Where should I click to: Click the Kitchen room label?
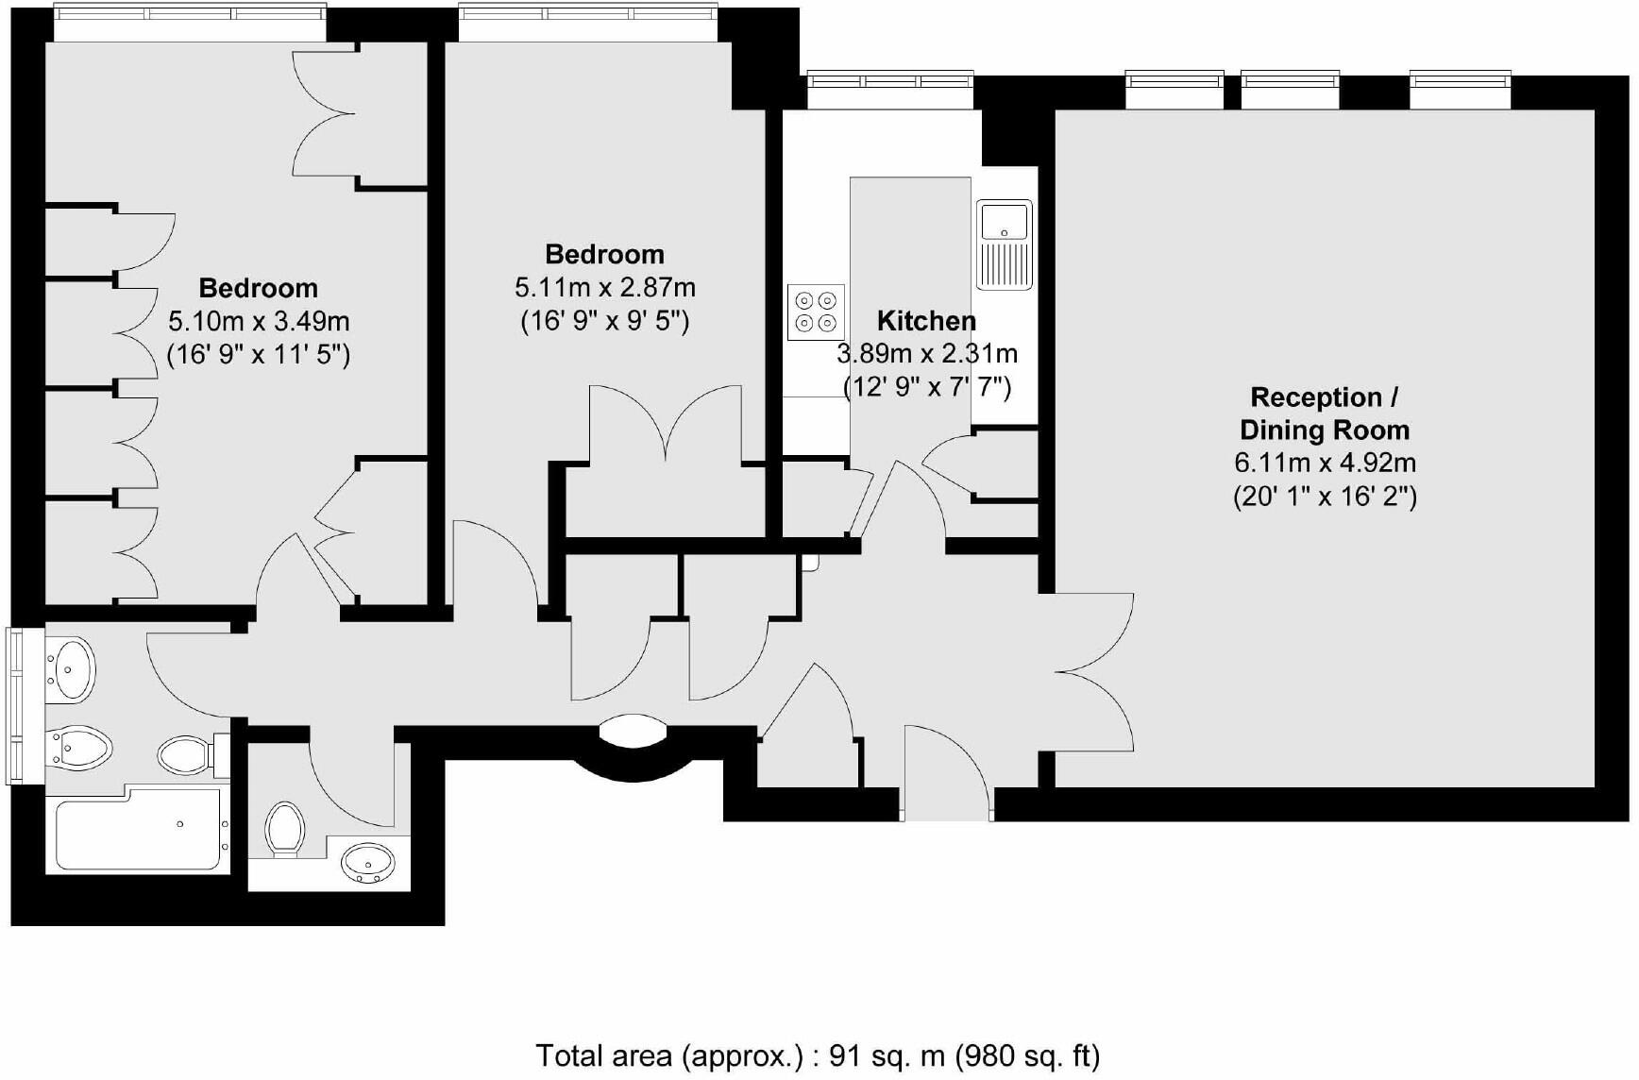point(925,321)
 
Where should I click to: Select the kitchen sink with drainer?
point(1004,245)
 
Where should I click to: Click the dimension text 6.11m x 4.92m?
point(1325,464)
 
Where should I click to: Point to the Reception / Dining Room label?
point(1325,413)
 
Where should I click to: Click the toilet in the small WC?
point(284,829)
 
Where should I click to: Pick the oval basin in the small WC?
point(368,861)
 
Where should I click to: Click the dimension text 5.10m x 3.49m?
point(259,322)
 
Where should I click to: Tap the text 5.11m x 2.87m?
point(604,288)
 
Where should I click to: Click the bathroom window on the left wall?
point(18,706)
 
